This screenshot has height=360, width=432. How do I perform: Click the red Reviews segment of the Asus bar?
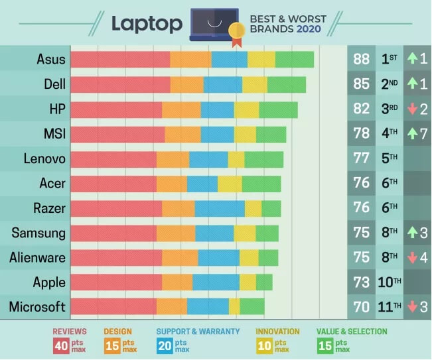coord(120,59)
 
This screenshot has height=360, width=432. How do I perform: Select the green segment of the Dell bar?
coord(287,84)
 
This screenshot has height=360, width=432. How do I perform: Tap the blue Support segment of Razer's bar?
coord(220,208)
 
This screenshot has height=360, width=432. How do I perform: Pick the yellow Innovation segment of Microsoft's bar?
coord(234,306)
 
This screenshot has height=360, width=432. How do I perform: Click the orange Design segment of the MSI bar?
coord(182,134)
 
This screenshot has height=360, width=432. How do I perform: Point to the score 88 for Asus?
coord(362,59)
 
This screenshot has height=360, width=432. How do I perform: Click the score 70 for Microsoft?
coord(362,306)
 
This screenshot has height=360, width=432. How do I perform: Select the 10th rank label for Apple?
coord(389,282)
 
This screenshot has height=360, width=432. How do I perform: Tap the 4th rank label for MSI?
coord(389,134)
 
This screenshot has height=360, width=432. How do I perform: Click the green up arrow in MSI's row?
coord(411,134)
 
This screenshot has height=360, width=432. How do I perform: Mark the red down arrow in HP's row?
coord(411,109)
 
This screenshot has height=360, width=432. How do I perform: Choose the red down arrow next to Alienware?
coord(411,257)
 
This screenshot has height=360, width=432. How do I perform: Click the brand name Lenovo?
coord(44,158)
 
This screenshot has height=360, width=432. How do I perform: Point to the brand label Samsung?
coord(38,233)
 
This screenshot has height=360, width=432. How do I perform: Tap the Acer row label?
coord(51,183)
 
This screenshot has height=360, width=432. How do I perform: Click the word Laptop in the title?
coord(147,23)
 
